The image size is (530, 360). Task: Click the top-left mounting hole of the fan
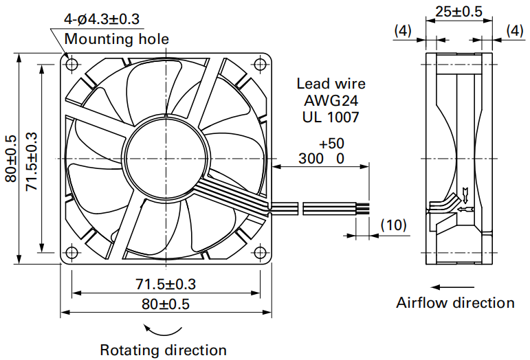point(71,64)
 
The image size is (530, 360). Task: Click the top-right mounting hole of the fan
point(260,64)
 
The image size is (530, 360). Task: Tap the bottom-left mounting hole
point(71,252)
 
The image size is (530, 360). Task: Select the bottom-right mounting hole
point(260,252)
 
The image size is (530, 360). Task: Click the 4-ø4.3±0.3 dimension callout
point(102,19)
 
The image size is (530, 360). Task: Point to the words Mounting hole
point(117,39)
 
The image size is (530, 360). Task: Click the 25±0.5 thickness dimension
point(459,12)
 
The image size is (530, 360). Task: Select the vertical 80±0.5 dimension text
point(11,159)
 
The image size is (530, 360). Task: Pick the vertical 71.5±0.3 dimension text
point(32,161)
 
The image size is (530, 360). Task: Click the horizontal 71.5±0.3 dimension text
point(166,284)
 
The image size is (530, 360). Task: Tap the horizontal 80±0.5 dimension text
point(166,304)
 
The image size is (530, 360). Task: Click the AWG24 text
point(331,100)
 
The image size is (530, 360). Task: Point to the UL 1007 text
point(331,117)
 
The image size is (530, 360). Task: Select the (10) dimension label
point(393,225)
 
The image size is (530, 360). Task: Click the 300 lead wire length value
point(311,159)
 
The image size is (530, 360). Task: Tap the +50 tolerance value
point(331,144)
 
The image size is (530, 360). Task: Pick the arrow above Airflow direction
point(452,287)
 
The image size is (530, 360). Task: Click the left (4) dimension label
point(403,31)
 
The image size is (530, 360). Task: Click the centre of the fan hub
point(166,159)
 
